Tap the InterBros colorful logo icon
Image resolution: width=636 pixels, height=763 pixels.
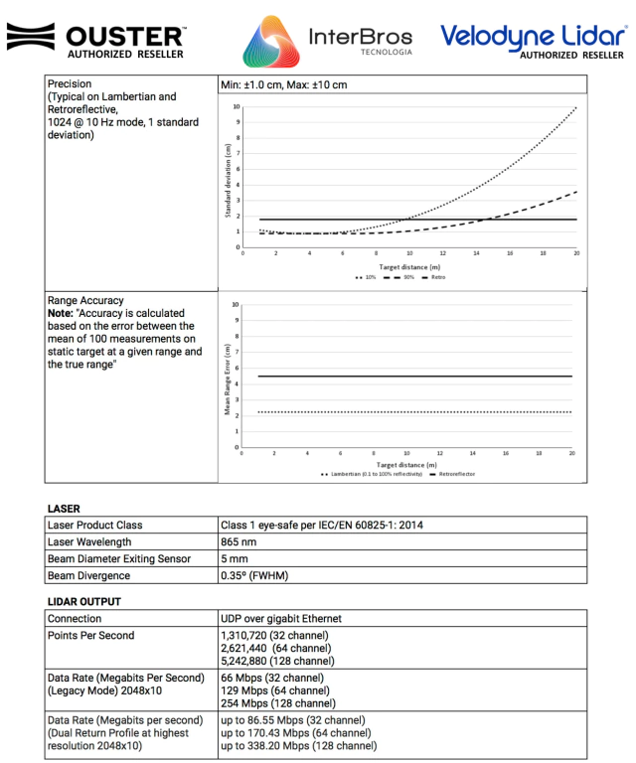[x=270, y=42]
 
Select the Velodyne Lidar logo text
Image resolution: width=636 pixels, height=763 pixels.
[x=534, y=36]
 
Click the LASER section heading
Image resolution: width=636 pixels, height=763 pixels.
[x=64, y=509]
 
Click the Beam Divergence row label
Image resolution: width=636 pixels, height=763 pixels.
[x=88, y=575]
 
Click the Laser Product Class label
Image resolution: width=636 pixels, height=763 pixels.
[x=94, y=525]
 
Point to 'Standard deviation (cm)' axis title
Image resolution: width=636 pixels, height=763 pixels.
[x=231, y=176]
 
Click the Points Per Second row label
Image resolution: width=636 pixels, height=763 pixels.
[x=90, y=635]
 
